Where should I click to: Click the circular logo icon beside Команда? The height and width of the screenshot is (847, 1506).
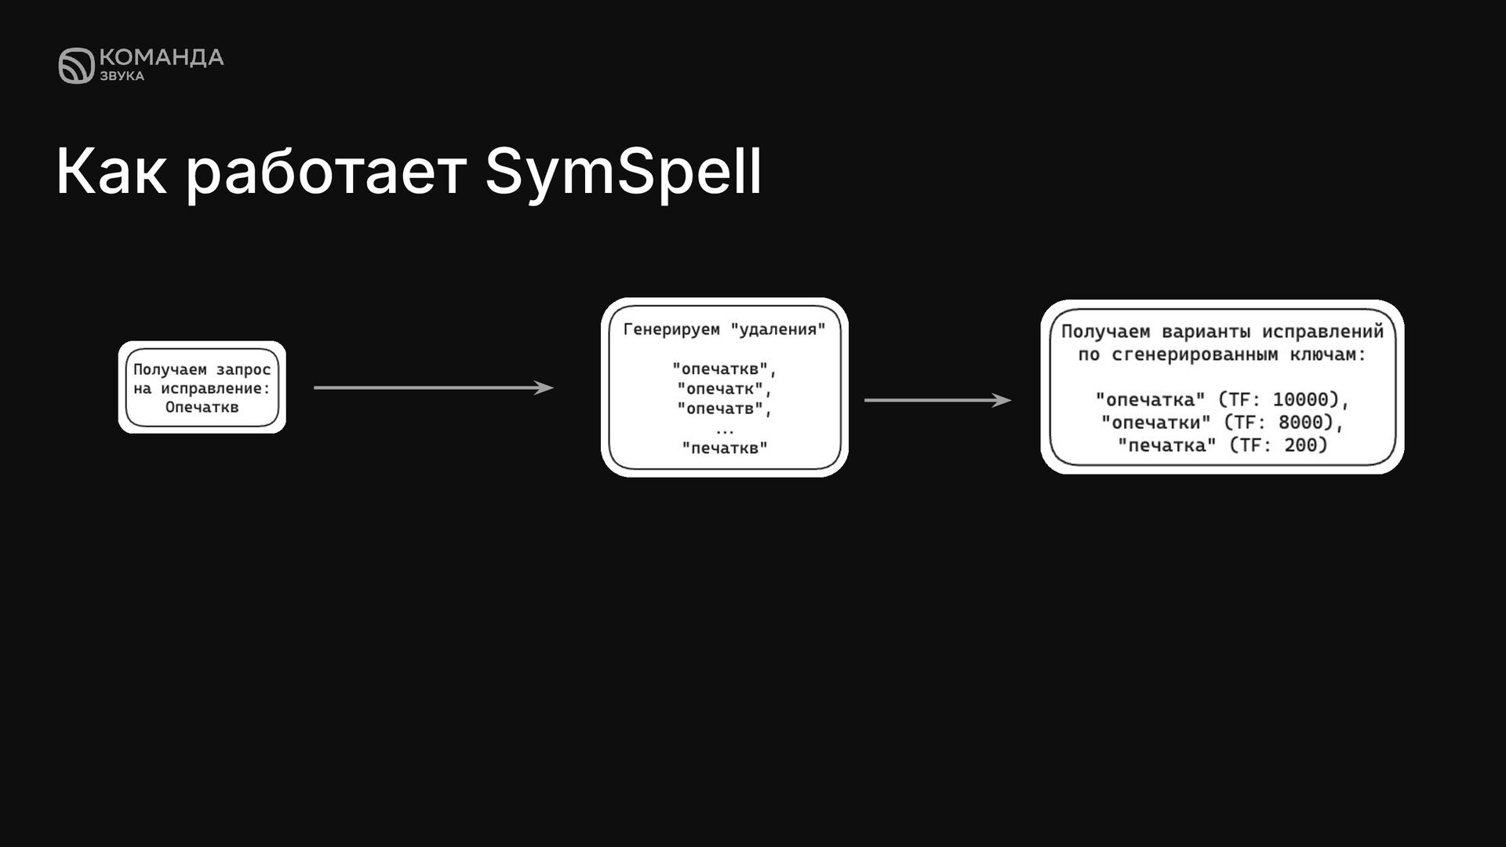pyautogui.click(x=76, y=65)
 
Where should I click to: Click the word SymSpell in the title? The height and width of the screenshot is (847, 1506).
pyautogui.click(x=623, y=172)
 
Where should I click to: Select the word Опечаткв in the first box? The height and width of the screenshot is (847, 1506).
pyautogui.click(x=202, y=407)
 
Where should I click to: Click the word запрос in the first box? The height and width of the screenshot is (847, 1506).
pyautogui.click(x=243, y=369)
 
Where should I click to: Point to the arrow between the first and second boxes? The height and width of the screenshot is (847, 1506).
pyautogui.click(x=433, y=387)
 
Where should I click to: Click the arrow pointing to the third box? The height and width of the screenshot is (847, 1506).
pyautogui.click(x=937, y=400)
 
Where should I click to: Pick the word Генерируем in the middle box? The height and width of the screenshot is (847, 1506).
pyautogui.click(x=671, y=329)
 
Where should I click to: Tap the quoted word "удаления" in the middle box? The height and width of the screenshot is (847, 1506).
pyautogui.click(x=778, y=329)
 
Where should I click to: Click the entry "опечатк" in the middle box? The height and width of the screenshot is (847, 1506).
pyautogui.click(x=721, y=389)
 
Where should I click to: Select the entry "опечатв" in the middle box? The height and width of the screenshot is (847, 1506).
pyautogui.click(x=721, y=409)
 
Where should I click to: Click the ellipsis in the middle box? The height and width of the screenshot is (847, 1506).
pyautogui.click(x=725, y=430)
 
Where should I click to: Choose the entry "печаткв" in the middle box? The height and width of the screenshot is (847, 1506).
pyautogui.click(x=725, y=448)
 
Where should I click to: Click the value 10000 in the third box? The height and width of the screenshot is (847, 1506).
pyautogui.click(x=1300, y=400)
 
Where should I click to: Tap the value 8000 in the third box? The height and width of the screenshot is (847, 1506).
pyautogui.click(x=1300, y=423)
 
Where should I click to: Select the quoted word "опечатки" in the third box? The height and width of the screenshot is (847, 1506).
pyautogui.click(x=1155, y=423)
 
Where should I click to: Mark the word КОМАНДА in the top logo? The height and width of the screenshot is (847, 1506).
pyautogui.click(x=162, y=57)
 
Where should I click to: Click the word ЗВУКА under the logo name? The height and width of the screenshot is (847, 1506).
pyautogui.click(x=122, y=76)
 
